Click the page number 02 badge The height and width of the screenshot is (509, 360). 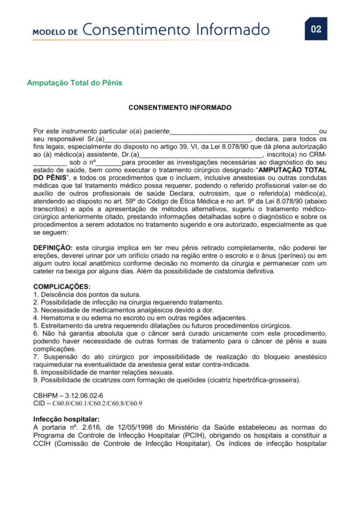pos(316,29)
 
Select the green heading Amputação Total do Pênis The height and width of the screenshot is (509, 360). pos(75,83)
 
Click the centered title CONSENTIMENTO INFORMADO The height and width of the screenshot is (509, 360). pos(180,108)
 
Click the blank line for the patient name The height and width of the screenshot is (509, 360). pos(244,131)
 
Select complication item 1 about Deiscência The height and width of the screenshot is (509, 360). pos(87,294)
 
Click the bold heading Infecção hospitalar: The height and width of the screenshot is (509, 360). pos(66,419)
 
